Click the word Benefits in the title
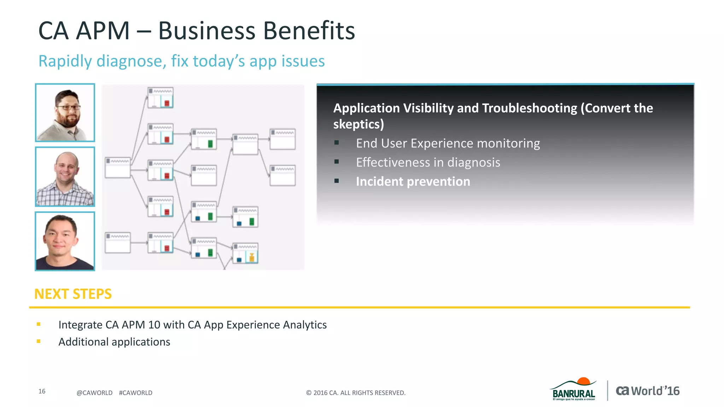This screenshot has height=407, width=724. tap(309, 31)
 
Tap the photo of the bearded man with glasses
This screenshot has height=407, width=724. tap(65, 113)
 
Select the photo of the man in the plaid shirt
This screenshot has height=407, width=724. tap(65, 176)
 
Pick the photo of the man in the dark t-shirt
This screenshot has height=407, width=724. tap(65, 241)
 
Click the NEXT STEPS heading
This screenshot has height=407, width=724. tap(73, 294)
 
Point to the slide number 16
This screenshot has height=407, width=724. tap(42, 391)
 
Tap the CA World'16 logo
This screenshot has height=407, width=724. tap(648, 391)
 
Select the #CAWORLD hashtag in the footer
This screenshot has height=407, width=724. tap(135, 393)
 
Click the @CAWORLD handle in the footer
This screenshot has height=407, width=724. tap(94, 393)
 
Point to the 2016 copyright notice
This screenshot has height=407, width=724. tap(356, 393)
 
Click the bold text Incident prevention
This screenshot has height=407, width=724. tap(413, 182)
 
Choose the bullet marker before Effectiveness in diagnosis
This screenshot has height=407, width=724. tap(337, 162)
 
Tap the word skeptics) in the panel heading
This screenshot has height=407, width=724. tap(358, 124)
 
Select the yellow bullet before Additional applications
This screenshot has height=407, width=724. tap(39, 341)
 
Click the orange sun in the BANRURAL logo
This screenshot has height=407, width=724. tap(583, 381)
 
